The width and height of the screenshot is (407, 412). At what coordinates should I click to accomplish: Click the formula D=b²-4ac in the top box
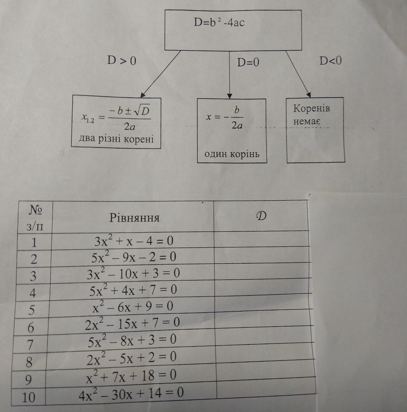tap(219, 23)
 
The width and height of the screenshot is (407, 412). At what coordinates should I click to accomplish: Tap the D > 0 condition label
tap(122, 61)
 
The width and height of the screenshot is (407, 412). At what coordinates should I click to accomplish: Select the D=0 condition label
tap(248, 62)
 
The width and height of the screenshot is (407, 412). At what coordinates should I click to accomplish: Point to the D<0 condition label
tap(331, 61)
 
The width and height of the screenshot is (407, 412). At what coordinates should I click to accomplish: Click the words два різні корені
tap(116, 139)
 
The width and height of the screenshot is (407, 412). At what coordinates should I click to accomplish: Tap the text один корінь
tap(232, 154)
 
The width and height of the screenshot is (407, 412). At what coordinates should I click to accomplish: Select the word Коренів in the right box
tap(312, 108)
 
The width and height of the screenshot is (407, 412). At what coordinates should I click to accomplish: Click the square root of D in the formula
tap(141, 112)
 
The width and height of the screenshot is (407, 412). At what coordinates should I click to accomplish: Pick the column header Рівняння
tap(134, 218)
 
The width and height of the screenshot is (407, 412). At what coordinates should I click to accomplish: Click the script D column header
tap(261, 216)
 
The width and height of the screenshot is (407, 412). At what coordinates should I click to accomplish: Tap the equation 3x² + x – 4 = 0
tap(134, 241)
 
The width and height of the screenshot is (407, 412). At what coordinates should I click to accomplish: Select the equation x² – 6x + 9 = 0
tap(133, 306)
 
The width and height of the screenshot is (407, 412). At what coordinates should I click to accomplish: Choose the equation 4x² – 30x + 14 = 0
tap(131, 393)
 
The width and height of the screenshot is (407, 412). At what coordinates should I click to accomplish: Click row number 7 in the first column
tap(31, 345)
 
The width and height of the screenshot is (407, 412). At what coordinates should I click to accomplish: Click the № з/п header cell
tap(35, 218)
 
